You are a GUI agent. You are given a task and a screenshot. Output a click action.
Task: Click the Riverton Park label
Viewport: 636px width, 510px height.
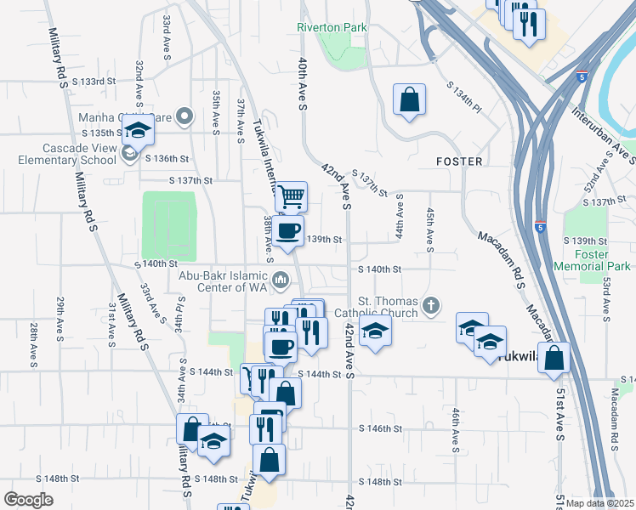[x=332, y=27]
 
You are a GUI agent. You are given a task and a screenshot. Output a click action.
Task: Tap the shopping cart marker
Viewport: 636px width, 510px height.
[x=291, y=197]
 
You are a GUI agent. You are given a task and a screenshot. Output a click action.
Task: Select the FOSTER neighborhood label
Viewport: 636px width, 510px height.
[x=459, y=161]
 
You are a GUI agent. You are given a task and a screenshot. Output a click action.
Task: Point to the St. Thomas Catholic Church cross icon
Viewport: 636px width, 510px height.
[x=432, y=305]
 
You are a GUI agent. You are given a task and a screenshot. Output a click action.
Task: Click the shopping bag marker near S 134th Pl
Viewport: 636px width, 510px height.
[x=409, y=100]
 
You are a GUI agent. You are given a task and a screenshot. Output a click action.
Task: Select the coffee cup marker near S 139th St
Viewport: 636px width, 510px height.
[x=288, y=230]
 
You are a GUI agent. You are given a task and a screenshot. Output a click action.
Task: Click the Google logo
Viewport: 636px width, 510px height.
[x=29, y=499]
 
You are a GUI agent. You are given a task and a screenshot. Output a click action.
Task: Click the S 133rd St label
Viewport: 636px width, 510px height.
[x=94, y=82]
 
